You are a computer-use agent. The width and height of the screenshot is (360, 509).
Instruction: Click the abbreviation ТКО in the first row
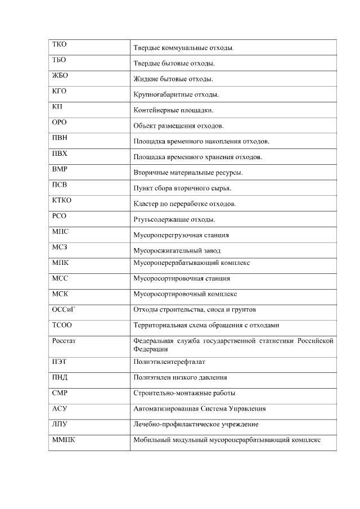(59, 44)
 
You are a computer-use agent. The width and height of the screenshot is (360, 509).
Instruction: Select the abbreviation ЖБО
(60, 75)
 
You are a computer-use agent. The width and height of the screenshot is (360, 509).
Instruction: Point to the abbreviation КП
(57, 106)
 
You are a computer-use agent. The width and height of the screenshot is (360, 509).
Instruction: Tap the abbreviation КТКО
(62, 200)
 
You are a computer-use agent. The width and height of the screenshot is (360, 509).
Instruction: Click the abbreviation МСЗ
(60, 247)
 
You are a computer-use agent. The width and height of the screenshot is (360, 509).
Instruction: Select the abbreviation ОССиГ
(63, 309)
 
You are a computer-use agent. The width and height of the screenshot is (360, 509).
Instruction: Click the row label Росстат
(64, 340)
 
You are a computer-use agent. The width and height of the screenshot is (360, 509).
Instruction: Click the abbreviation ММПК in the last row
(63, 439)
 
